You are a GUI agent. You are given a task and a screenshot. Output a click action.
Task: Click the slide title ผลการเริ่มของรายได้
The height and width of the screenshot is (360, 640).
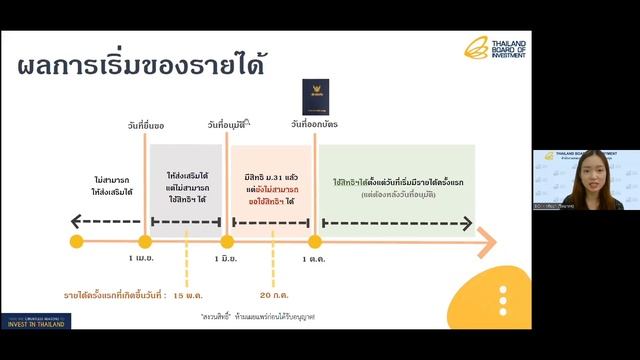(x=140, y=69)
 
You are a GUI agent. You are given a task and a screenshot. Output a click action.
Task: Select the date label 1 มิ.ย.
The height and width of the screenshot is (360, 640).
(x=227, y=259)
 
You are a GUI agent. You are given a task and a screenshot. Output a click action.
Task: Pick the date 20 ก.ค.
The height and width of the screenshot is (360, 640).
(x=273, y=296)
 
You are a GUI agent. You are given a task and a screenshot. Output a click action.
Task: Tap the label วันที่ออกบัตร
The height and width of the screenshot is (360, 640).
(x=313, y=124)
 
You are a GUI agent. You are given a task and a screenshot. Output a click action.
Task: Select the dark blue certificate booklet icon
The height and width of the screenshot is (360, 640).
(x=314, y=98)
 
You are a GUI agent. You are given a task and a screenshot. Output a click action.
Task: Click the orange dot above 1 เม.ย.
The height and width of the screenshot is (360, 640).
(x=145, y=241)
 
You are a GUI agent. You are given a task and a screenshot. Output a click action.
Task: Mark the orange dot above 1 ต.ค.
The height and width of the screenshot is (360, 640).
(x=314, y=241)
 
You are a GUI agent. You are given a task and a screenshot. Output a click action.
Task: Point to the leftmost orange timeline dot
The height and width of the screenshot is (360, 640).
(x=77, y=241)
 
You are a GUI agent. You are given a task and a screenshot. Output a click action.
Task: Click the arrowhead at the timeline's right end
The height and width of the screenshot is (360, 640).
(x=487, y=241)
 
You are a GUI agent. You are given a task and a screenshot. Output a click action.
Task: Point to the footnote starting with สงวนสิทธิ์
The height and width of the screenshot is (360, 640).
(x=257, y=316)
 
